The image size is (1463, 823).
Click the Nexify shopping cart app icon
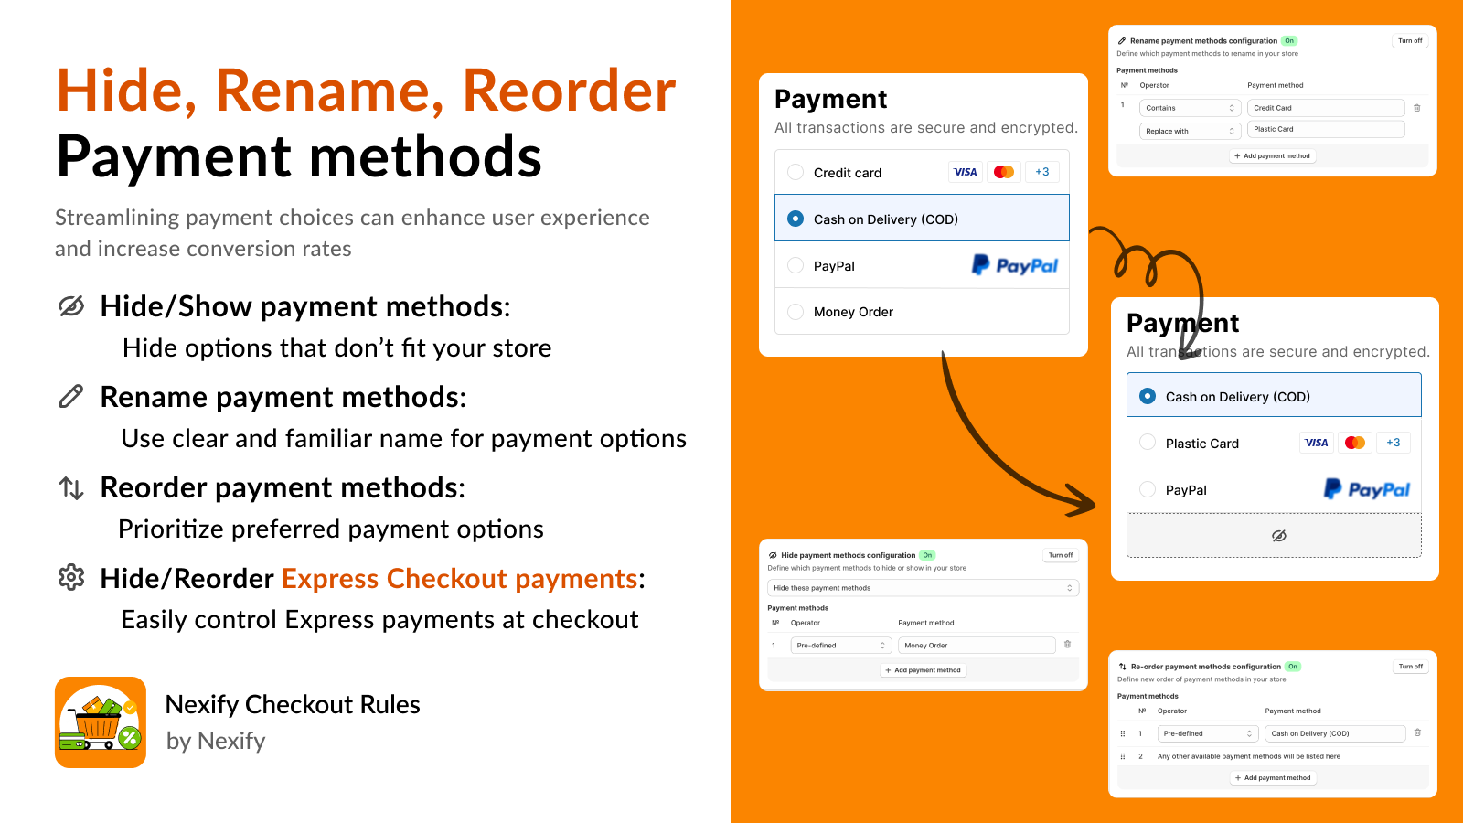[x=101, y=722]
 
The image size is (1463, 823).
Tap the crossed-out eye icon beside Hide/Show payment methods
[x=71, y=306]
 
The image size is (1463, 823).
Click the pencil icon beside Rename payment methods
[x=71, y=396]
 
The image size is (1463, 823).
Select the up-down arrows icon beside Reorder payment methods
[x=71, y=487]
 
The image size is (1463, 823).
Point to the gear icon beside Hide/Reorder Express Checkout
[x=71, y=577]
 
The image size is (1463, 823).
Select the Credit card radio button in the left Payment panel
[x=796, y=172]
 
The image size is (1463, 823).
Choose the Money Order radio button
[x=796, y=312]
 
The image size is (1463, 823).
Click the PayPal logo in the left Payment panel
[x=1014, y=265]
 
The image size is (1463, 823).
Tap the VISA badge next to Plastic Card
[x=1316, y=443]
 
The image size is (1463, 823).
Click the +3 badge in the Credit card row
[x=1041, y=172]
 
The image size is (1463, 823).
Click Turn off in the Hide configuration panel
[x=1061, y=555]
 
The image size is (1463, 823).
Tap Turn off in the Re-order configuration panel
[x=1410, y=667]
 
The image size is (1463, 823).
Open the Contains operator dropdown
[x=1190, y=108]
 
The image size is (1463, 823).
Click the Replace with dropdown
[x=1190, y=131]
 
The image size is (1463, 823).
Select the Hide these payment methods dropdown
[x=923, y=588]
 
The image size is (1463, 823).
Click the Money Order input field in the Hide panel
[x=976, y=646]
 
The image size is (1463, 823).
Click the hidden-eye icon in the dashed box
[x=1278, y=536]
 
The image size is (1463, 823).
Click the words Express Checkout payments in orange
[x=459, y=579]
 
